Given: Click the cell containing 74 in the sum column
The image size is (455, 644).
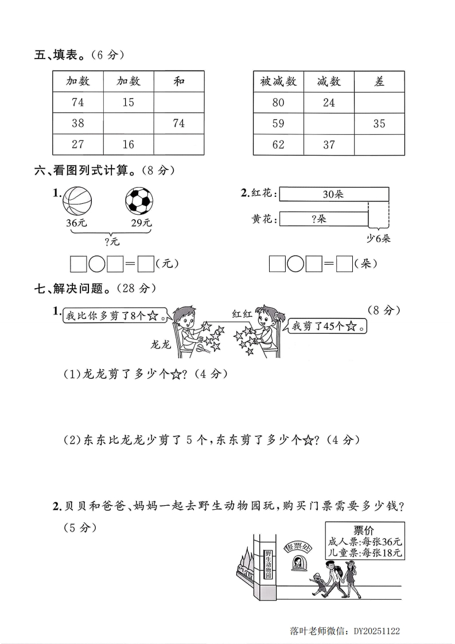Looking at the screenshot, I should pyautogui.click(x=179, y=123).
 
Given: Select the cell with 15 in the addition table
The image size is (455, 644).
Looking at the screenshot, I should pyautogui.click(x=128, y=102).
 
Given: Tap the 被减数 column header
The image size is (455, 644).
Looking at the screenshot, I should pyautogui.click(x=278, y=82).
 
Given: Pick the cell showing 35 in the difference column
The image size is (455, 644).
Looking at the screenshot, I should pyautogui.click(x=379, y=123).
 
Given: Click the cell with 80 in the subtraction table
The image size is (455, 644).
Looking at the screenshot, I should pyautogui.click(x=278, y=103).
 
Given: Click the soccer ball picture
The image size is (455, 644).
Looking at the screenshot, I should pyautogui.click(x=139, y=201).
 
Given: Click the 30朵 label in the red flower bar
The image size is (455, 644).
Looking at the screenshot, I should pyautogui.click(x=333, y=195).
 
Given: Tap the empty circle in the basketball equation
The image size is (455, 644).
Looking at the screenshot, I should pyautogui.click(x=97, y=264).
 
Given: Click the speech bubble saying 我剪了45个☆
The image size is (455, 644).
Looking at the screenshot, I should pyautogui.click(x=328, y=327).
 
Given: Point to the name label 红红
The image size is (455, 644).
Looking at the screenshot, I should pyautogui.click(x=242, y=313).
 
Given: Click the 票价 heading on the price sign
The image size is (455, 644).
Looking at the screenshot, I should pyautogui.click(x=364, y=529).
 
